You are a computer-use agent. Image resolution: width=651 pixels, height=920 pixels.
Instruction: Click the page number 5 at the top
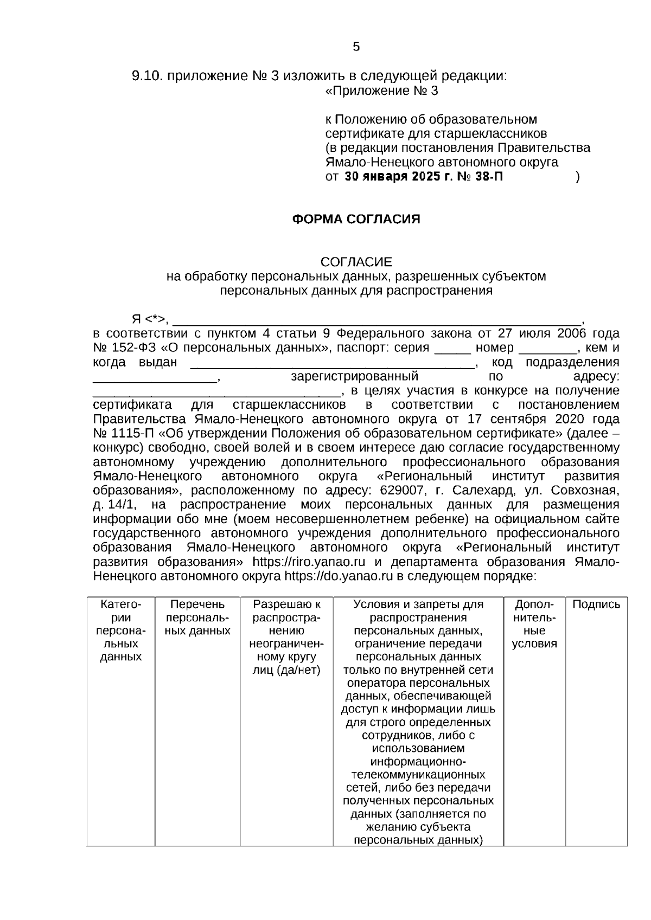(x=356, y=47)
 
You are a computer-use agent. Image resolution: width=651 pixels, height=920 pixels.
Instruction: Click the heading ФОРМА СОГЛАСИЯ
(x=356, y=219)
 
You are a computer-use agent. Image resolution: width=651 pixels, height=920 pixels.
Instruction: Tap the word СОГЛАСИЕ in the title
(x=356, y=262)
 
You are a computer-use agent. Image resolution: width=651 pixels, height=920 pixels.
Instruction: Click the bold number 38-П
(x=487, y=177)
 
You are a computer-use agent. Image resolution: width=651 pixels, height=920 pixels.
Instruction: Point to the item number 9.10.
(x=147, y=76)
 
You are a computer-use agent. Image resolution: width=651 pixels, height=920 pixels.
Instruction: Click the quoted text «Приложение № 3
(x=381, y=91)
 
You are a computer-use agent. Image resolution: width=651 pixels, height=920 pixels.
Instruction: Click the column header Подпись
(x=596, y=604)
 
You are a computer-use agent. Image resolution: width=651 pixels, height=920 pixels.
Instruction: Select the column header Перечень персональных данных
(x=197, y=617)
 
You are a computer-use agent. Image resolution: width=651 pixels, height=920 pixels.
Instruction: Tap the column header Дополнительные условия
(x=534, y=624)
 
